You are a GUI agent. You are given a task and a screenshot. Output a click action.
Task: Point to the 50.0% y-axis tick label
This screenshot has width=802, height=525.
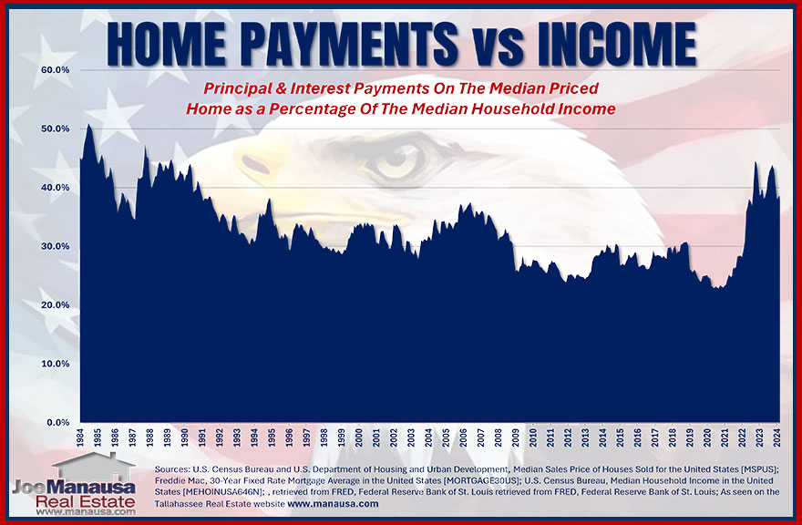57,129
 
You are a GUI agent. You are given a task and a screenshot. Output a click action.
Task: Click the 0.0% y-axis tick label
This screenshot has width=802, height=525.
59,423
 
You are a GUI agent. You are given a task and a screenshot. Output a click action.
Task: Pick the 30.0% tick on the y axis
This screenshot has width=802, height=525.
57,246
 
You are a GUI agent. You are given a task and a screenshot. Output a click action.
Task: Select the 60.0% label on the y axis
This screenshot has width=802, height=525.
57,70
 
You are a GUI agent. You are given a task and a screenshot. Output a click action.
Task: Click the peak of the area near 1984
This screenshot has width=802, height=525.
88,126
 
